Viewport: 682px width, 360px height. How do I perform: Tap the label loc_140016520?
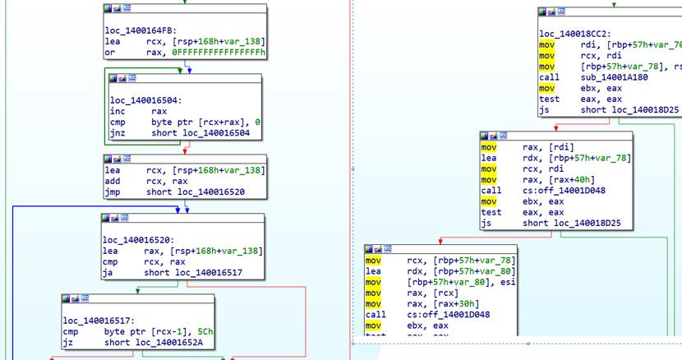pyautogui.click(x=137, y=239)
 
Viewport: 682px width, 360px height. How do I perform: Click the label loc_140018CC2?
pyautogui.click(x=572, y=34)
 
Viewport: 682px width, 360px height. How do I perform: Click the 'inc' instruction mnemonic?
pyautogui.click(x=118, y=110)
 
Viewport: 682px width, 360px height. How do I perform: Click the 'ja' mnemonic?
pyautogui.click(x=108, y=273)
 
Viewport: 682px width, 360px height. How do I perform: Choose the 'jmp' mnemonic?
pyautogui.click(x=112, y=192)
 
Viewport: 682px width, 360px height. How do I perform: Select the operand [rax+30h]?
pyautogui.click(x=443, y=303)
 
